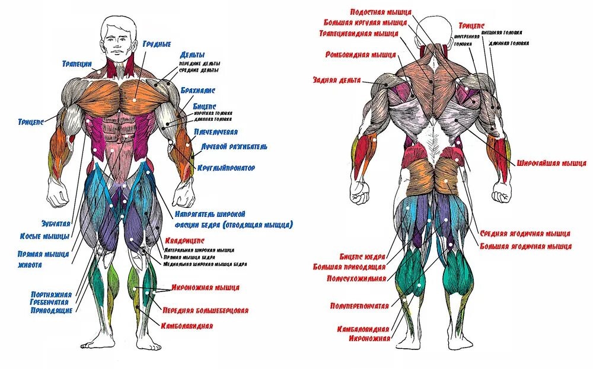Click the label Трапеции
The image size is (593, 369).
(76, 63)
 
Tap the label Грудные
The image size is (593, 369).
(157, 44)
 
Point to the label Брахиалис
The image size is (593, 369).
(199, 91)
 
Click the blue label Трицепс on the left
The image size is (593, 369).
(30, 122)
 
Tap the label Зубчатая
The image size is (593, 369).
(55, 224)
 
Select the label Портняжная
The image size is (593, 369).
(52, 294)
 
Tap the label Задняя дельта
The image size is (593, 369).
(337, 80)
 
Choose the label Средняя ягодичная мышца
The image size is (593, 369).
(525, 233)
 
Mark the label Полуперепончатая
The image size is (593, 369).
(359, 306)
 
